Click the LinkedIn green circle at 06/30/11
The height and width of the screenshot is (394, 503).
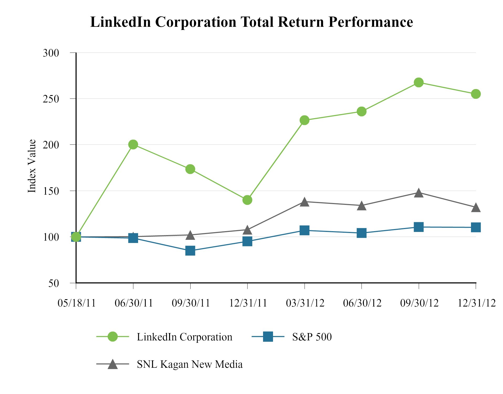pos(133,144)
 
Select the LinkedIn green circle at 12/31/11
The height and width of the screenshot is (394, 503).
pos(247,200)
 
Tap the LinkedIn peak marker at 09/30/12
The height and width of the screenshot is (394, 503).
pos(419,82)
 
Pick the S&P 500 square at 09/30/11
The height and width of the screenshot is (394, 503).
pos(190,251)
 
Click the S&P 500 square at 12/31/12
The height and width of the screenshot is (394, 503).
pos(476,227)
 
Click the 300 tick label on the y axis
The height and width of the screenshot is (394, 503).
pos(51,53)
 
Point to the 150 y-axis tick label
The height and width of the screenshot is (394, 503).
pos(51,191)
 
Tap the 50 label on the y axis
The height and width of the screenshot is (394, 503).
pos(54,283)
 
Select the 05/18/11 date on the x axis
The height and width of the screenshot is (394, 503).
pos(76,303)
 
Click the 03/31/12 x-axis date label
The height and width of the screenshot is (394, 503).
pos(305,303)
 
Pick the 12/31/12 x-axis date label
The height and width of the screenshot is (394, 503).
pos(476,303)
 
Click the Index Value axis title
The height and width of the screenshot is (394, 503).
pos(32,166)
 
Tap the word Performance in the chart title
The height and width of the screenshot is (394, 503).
pos(370,22)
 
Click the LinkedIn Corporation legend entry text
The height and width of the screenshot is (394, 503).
pos(185,337)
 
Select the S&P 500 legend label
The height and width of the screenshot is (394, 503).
pos(312,337)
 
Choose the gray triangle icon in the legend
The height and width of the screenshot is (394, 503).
pos(113,364)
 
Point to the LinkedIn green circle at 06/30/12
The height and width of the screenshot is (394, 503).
pos(361,111)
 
